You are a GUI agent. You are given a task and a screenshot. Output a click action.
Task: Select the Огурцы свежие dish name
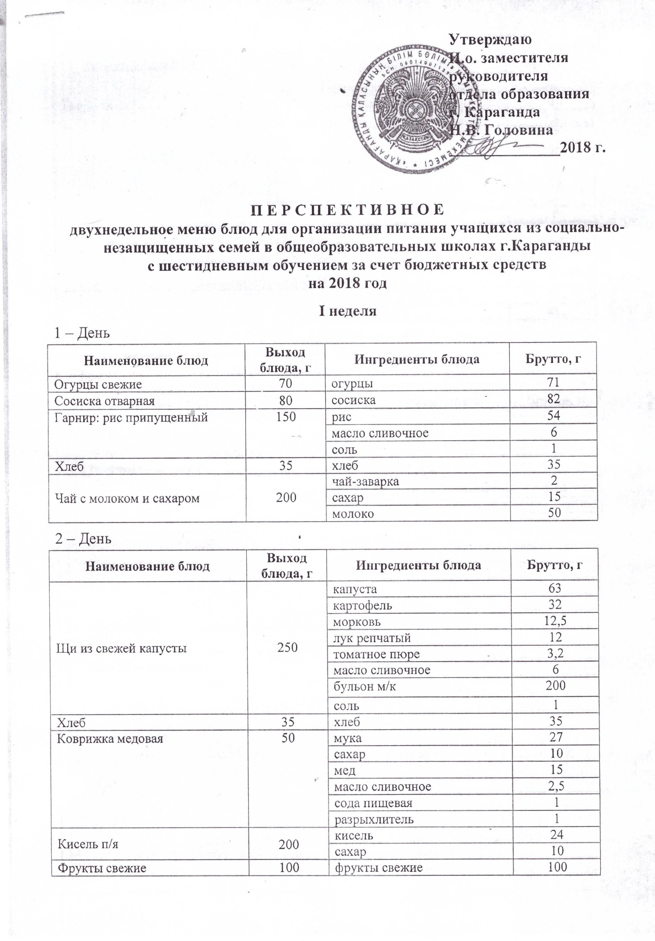tap(98, 384)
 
